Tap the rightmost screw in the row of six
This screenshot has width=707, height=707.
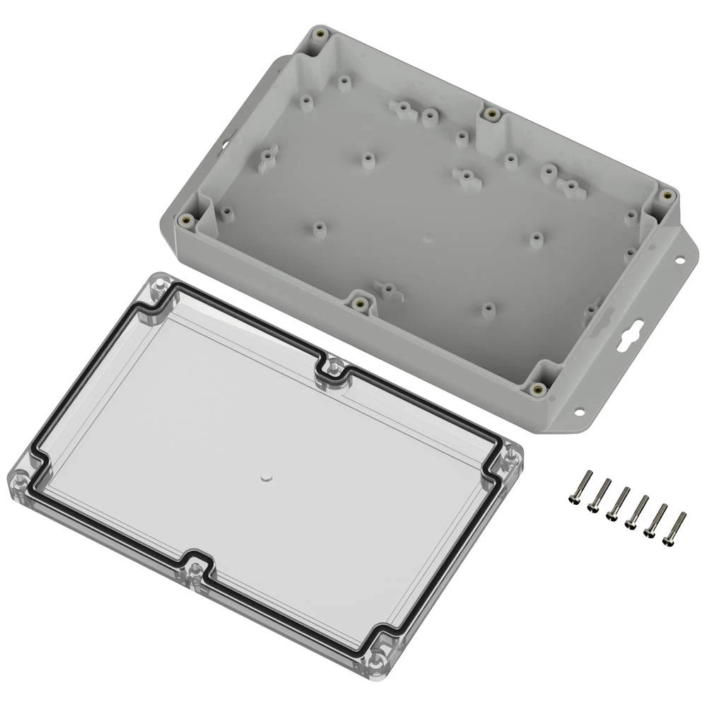click(x=674, y=527)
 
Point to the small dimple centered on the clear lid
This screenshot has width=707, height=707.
click(x=267, y=479)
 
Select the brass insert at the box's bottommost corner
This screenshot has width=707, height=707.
click(x=538, y=388)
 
